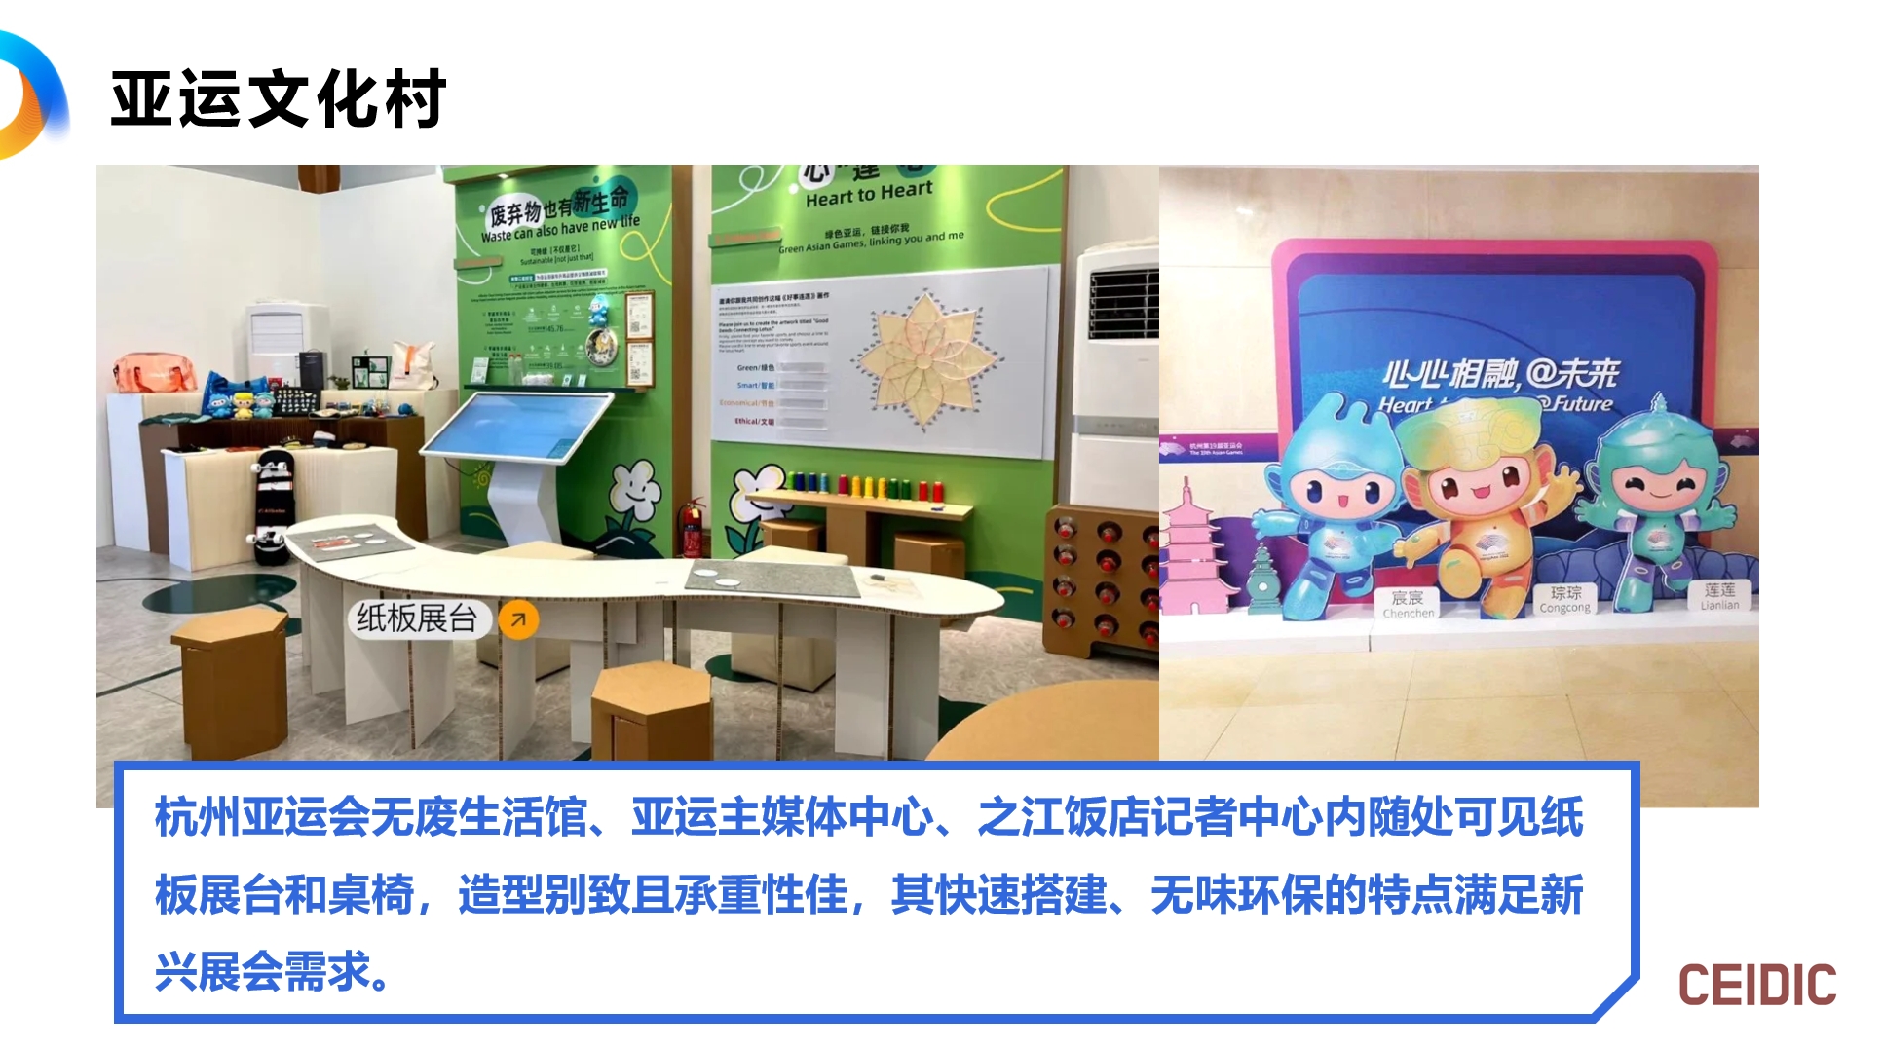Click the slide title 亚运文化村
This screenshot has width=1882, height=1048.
279,99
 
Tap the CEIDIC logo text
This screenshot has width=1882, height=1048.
1756,986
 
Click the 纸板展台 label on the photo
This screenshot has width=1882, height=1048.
416,618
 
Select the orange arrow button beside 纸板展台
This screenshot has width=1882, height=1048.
519,619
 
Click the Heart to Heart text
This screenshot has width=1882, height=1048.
869,193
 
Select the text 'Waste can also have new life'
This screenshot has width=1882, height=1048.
560,229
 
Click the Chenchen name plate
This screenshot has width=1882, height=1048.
1408,604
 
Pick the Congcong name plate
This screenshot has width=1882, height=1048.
1565,599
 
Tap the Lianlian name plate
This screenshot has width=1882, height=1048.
1719,596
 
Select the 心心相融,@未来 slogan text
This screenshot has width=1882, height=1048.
1500,373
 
